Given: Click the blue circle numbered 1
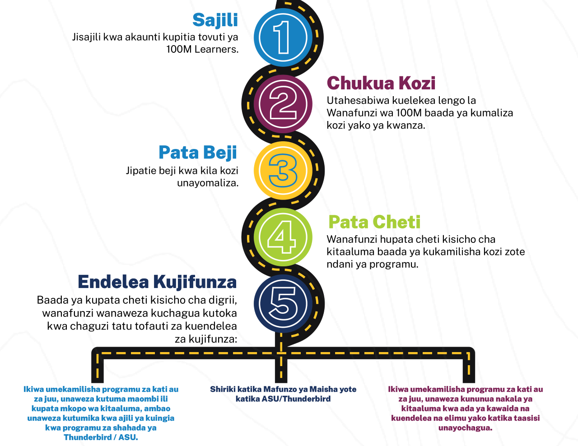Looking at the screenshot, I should pyautogui.click(x=283, y=37).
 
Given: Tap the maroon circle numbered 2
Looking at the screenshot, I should pyautogui.click(x=283, y=104).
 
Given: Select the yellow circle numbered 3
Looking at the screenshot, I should pyautogui.click(x=283, y=170).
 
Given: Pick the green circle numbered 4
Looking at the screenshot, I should pyautogui.click(x=283, y=237).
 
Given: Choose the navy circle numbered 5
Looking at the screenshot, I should pyautogui.click(x=283, y=303).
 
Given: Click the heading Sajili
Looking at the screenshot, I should pyautogui.click(x=215, y=20).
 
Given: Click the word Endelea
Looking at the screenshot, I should pyautogui.click(x=113, y=282).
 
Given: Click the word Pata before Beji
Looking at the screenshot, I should pyautogui.click(x=179, y=153).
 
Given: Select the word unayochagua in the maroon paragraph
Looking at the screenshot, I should pyautogui.click(x=465, y=428).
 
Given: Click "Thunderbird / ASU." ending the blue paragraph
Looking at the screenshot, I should pyautogui.click(x=101, y=437).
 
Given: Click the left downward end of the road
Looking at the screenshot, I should pyautogui.click(x=98, y=372).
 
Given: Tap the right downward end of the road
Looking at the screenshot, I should pyautogui.click(x=469, y=372).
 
